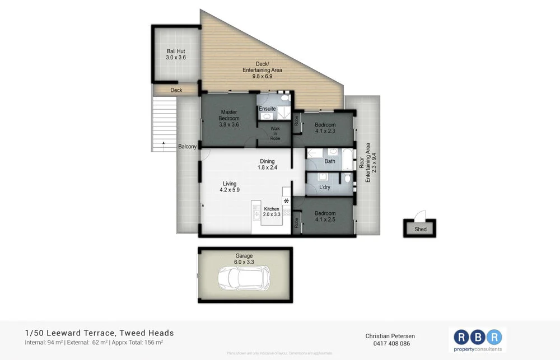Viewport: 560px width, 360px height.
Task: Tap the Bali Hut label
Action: (x=175, y=54)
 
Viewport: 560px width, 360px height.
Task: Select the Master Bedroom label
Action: (x=229, y=115)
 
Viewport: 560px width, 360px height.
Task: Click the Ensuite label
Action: (x=267, y=109)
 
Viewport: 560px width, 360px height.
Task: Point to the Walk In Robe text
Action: (x=275, y=133)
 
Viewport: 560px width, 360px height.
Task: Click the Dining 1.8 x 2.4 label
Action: (x=267, y=165)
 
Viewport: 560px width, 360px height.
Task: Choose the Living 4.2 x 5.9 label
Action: (x=230, y=187)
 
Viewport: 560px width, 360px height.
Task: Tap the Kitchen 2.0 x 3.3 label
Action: (x=272, y=212)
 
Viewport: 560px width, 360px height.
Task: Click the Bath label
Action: (x=330, y=161)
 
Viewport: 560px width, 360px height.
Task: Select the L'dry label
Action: (x=325, y=187)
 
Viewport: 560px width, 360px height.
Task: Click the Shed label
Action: (x=420, y=229)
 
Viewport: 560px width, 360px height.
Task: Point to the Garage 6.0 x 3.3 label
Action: (x=244, y=259)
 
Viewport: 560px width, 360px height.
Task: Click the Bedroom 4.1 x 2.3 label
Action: (x=325, y=128)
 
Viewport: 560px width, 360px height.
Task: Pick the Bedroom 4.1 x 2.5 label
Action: (x=325, y=217)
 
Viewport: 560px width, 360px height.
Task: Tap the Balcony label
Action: (x=187, y=147)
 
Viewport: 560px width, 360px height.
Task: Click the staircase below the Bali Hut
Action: (x=164, y=123)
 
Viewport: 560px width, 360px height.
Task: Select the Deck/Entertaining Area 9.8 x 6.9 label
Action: (x=262, y=73)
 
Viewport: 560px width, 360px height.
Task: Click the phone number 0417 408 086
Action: (x=390, y=343)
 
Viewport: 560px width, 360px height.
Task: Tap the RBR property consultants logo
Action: (x=478, y=341)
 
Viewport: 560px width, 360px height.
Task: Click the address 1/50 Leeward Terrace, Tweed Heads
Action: (x=100, y=333)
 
